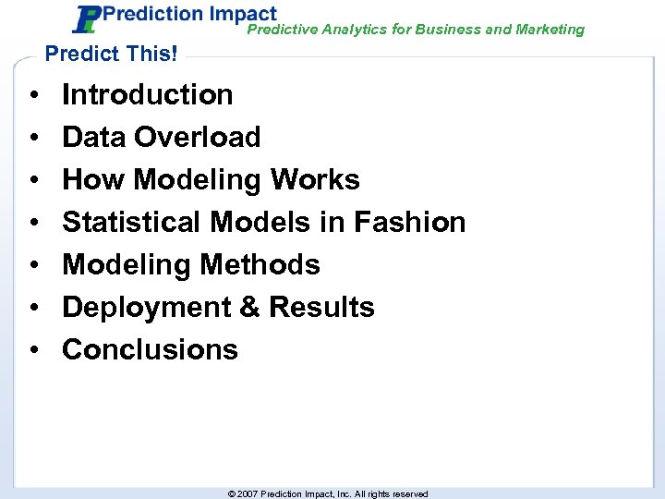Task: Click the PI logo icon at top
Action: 87,19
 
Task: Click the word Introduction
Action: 147,94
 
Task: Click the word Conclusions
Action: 150,349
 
